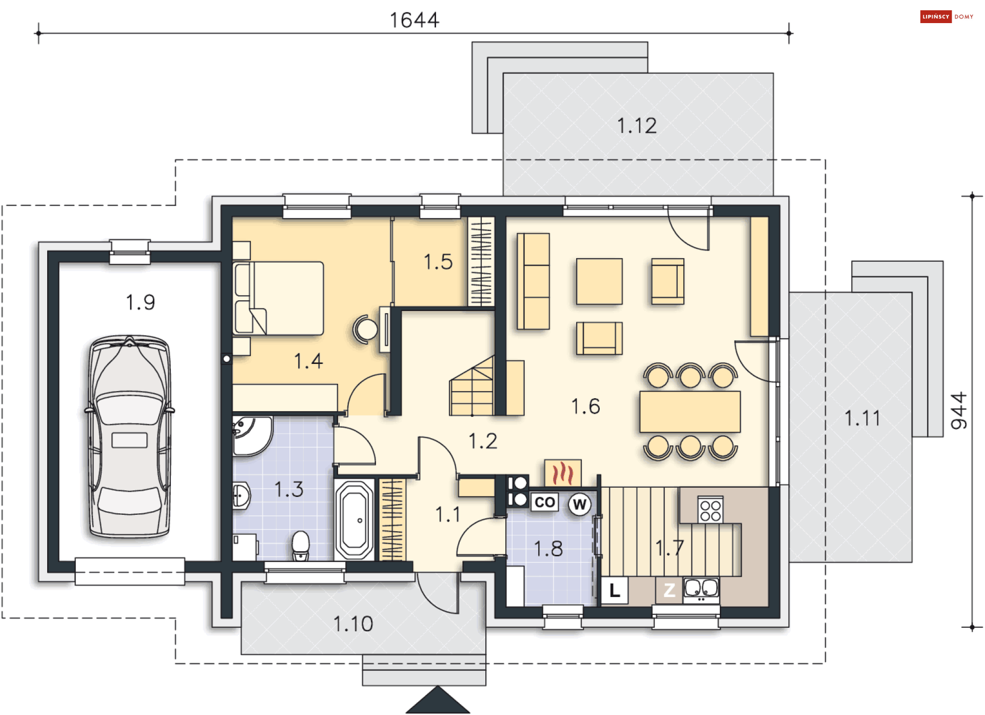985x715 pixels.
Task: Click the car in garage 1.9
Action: click(x=129, y=436)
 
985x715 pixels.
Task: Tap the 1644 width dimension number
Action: click(x=415, y=20)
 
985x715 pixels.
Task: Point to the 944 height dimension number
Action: click(x=958, y=411)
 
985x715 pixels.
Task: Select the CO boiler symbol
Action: click(x=544, y=501)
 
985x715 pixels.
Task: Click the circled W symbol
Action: click(x=579, y=505)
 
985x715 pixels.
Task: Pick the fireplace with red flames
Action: click(x=563, y=473)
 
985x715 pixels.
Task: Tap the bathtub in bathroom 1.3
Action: click(x=354, y=519)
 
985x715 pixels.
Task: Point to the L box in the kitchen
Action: click(x=614, y=590)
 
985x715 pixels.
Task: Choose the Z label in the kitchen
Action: click(x=669, y=590)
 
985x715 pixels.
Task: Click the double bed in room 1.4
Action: click(x=279, y=298)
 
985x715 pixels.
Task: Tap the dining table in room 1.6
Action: click(x=690, y=412)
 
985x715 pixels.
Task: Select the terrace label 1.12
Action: click(x=637, y=126)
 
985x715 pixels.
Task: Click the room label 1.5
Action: click(x=438, y=262)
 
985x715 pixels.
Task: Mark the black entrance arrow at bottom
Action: click(x=438, y=700)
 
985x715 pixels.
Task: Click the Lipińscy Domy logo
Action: click(x=947, y=17)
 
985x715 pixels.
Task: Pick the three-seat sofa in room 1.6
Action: click(x=533, y=281)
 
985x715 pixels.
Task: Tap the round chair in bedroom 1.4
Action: click(x=366, y=329)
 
